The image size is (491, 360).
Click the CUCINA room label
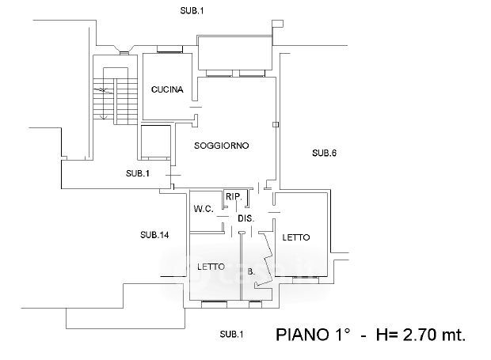(x=167, y=90)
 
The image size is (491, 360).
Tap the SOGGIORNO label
(x=223, y=146)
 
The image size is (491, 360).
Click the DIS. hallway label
(x=245, y=218)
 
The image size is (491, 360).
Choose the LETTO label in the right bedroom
(x=295, y=237)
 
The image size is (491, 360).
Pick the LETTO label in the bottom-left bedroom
(x=211, y=267)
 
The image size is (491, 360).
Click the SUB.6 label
(x=325, y=153)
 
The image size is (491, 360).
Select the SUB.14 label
(x=154, y=234)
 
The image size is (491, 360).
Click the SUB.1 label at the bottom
(x=231, y=333)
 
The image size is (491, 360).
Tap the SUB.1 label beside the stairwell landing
(x=138, y=173)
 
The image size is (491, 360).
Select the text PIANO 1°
(x=312, y=334)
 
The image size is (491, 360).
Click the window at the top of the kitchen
(x=169, y=51)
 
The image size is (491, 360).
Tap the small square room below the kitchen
(x=154, y=142)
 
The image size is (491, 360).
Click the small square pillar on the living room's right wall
(x=275, y=124)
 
